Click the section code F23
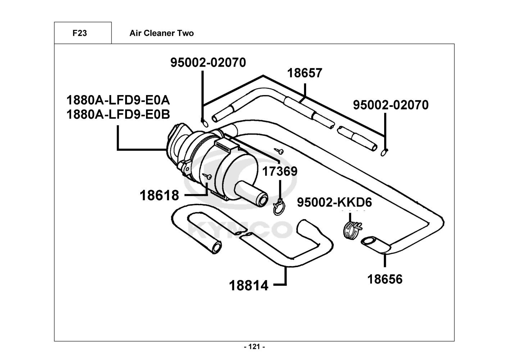(x=79, y=33)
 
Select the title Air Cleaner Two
(x=162, y=33)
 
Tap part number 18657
(x=305, y=73)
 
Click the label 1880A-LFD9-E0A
(x=118, y=100)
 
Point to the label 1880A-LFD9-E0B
(x=118, y=114)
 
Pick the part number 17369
(x=280, y=171)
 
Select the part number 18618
(x=159, y=195)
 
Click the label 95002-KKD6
(x=334, y=202)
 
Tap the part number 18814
(x=249, y=285)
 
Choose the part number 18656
(x=385, y=279)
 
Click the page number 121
(x=254, y=347)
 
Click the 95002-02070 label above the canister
(x=208, y=62)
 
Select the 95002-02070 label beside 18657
(x=391, y=105)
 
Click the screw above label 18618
(x=207, y=176)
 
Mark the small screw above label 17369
(x=279, y=150)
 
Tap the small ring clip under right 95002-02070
(x=384, y=152)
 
